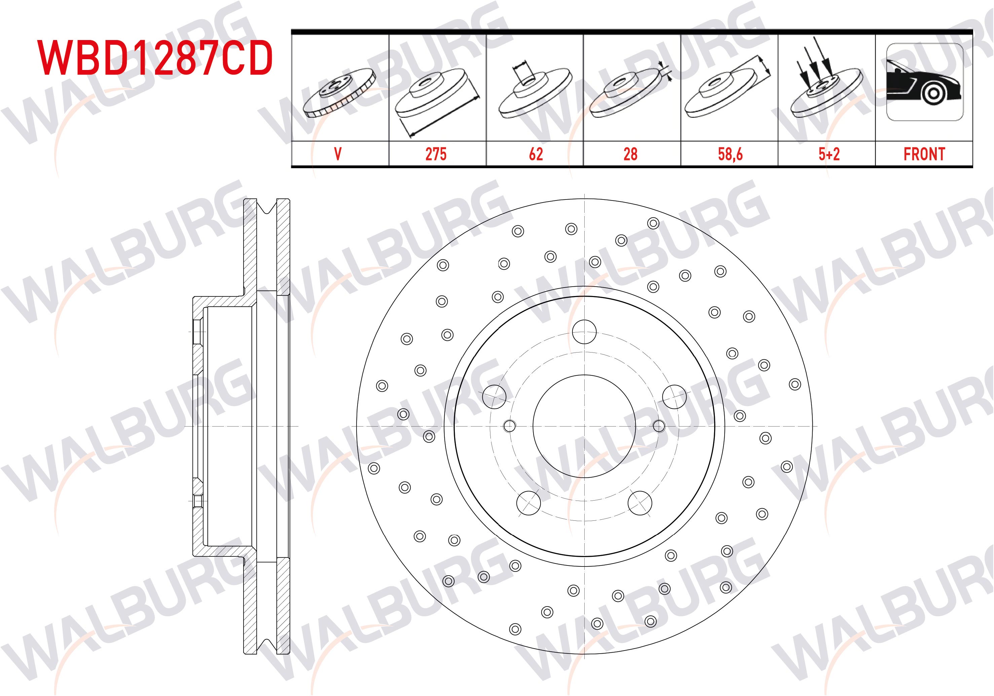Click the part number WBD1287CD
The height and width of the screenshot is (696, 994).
click(155, 58)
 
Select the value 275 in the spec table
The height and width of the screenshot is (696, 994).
click(436, 154)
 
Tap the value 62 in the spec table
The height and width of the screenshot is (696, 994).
click(536, 154)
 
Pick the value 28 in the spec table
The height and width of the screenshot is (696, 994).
click(630, 154)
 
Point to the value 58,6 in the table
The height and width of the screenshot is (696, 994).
click(730, 154)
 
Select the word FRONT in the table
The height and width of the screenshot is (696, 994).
click(924, 154)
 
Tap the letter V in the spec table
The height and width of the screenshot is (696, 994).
click(338, 154)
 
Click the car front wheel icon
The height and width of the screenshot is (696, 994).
click(925, 82)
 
